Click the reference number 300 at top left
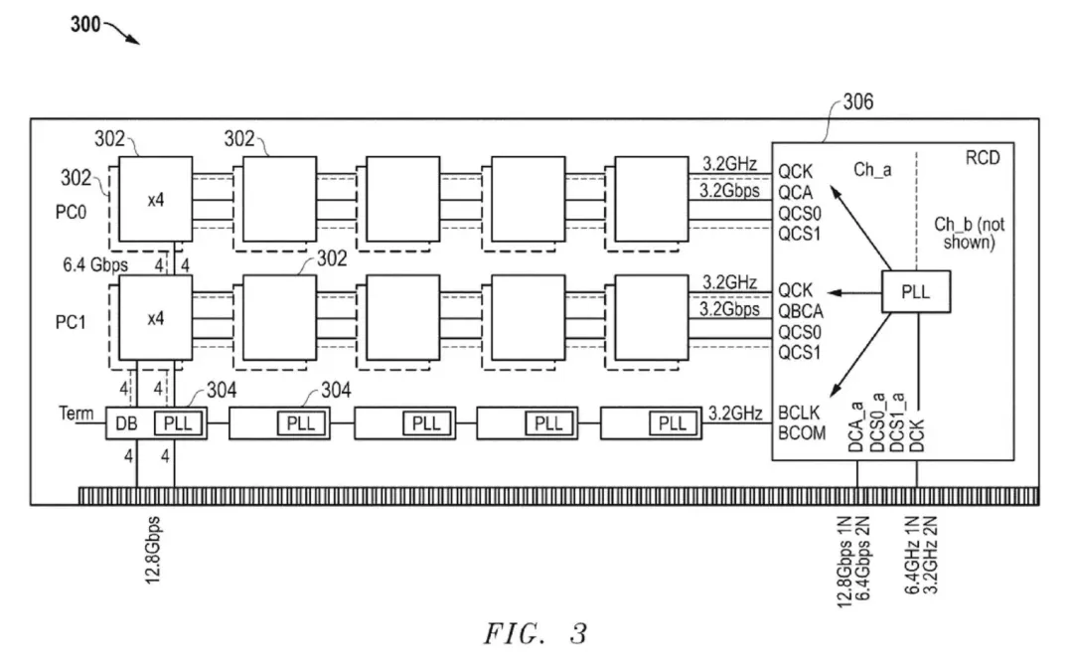pyautogui.click(x=85, y=25)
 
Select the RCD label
pyautogui.click(x=983, y=157)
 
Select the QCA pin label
pyautogui.click(x=797, y=191)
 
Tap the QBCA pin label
pyautogui.click(x=802, y=309)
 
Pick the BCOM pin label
pyautogui.click(x=803, y=432)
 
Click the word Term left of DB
pyautogui.click(x=76, y=414)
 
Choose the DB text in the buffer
pyautogui.click(x=126, y=423)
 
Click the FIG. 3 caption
pyautogui.click(x=536, y=633)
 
